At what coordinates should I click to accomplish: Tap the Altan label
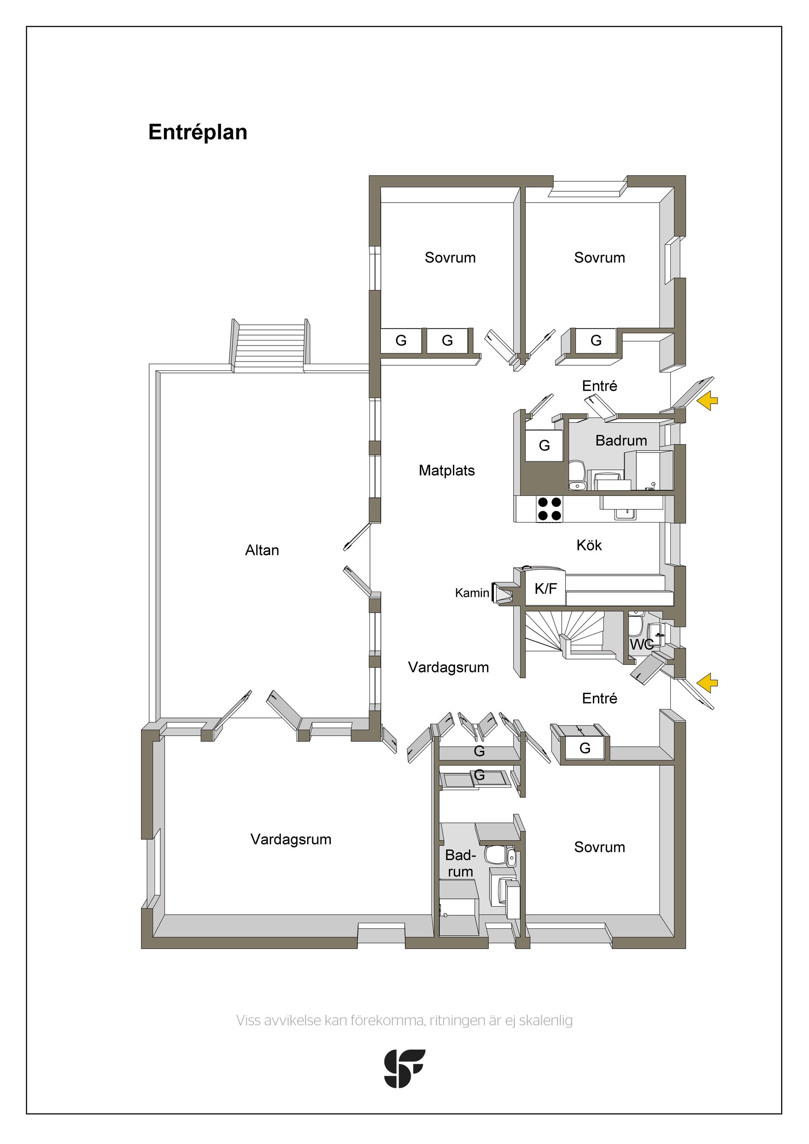262,550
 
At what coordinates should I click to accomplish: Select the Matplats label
447,470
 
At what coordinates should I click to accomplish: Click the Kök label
589,545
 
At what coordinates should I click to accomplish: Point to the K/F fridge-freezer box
546,589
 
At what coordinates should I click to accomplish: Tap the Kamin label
472,593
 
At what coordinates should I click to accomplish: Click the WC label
642,645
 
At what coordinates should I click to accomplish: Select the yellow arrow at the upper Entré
707,401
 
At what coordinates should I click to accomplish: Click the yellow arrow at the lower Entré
707,683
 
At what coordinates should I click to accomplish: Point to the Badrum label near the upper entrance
621,440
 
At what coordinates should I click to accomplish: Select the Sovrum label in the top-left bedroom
450,257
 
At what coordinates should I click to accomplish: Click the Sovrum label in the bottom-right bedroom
600,847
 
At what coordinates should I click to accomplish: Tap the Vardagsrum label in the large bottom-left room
291,839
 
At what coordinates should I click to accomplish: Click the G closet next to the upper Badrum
544,445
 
